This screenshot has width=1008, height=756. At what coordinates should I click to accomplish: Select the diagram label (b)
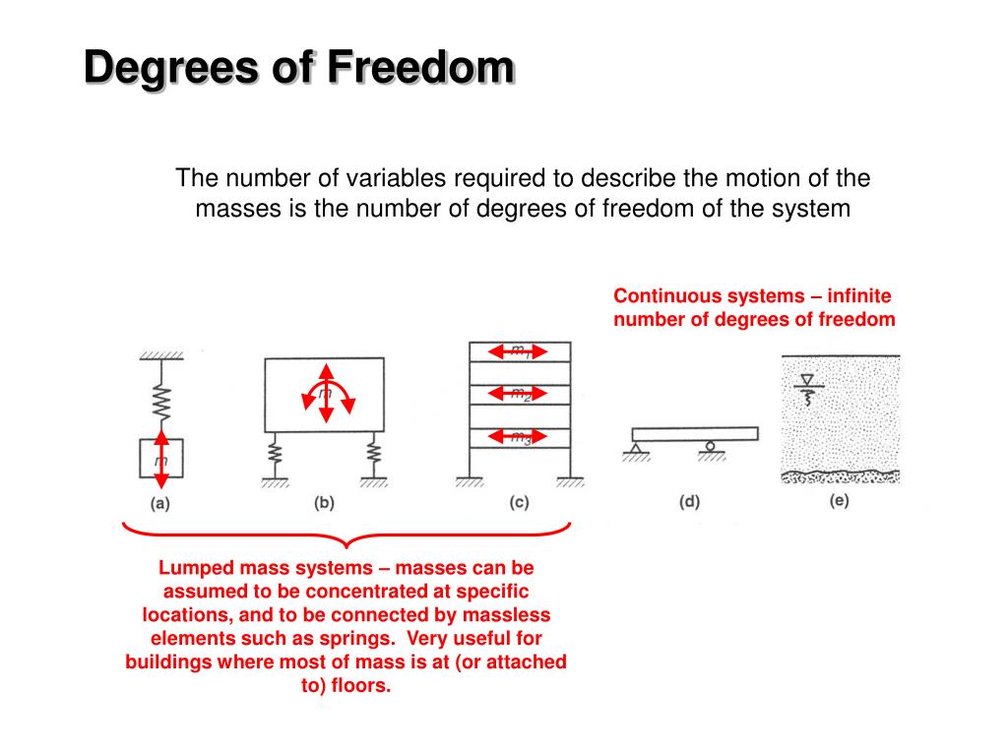click(x=324, y=502)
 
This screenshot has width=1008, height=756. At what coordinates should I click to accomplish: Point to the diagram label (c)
click(x=519, y=502)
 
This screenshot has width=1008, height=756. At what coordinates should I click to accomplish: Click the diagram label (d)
click(x=689, y=502)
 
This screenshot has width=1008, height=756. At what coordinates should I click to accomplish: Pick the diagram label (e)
click(x=839, y=500)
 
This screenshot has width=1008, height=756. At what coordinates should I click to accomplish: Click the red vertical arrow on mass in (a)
click(x=160, y=464)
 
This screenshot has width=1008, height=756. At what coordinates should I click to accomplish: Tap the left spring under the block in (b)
click(x=276, y=454)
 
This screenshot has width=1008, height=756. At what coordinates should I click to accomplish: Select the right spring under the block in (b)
click(x=373, y=454)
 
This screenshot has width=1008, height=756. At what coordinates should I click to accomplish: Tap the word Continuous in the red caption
click(x=666, y=296)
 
